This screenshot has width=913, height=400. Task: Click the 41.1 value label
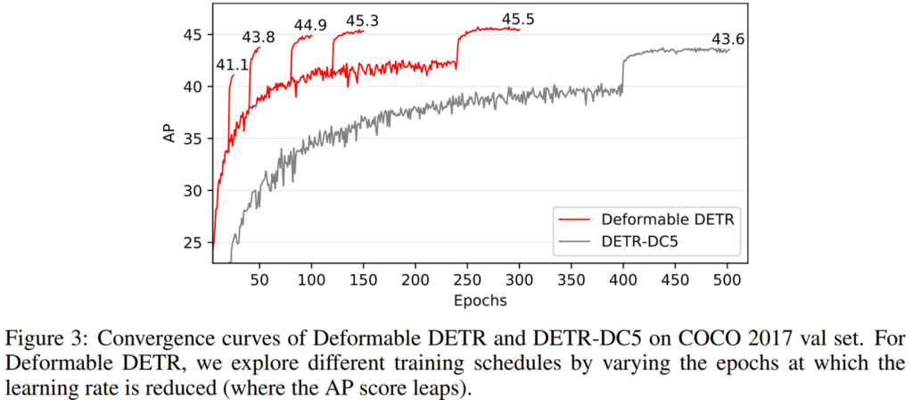pos(231,65)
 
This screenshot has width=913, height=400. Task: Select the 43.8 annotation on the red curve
pos(259,37)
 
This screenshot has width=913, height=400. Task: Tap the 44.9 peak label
pos(309,25)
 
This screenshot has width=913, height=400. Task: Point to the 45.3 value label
pos(363,21)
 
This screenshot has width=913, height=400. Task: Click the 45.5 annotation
pos(518,19)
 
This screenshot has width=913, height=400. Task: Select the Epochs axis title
pos(480,300)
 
